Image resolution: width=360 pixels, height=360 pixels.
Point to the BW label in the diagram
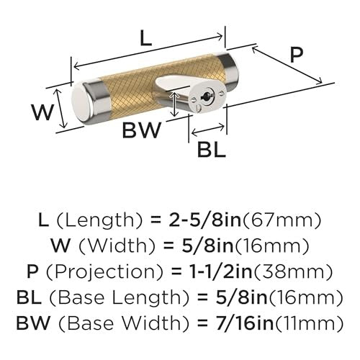point(142,130)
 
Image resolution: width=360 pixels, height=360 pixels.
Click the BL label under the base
point(211,150)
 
